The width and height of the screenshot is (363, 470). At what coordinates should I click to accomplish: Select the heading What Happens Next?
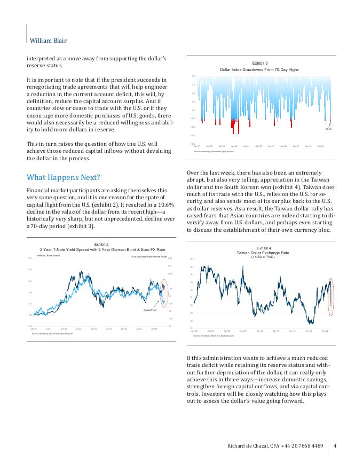pyautogui.click(x=63, y=177)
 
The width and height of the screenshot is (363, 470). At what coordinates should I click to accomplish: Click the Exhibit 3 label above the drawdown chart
pyautogui.click(x=260, y=64)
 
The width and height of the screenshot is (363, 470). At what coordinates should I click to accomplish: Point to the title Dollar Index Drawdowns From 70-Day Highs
pyautogui.click(x=260, y=69)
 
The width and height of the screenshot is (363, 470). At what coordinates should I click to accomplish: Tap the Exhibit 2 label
pyautogui.click(x=101, y=244)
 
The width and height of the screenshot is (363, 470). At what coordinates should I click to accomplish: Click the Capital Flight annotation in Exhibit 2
pyautogui.click(x=149, y=310)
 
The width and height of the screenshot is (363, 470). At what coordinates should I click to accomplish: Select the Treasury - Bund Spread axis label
pyautogui.click(x=48, y=256)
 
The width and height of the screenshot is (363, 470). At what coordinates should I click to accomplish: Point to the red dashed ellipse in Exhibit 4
pyautogui.click(x=332, y=296)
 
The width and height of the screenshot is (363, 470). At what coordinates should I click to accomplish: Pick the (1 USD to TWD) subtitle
pyautogui.click(x=263, y=257)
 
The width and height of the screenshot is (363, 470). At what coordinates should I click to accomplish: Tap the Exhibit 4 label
pyautogui.click(x=264, y=248)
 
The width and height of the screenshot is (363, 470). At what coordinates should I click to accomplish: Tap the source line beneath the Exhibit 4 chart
pyautogui.click(x=214, y=336)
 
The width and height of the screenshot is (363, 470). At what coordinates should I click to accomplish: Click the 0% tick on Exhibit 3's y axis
pyautogui.click(x=193, y=76)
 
